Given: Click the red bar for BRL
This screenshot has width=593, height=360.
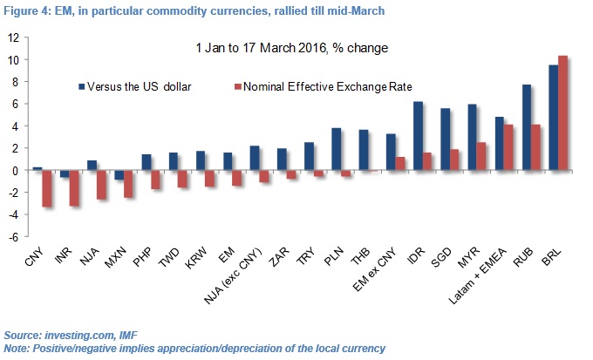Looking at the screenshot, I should tap(562, 113).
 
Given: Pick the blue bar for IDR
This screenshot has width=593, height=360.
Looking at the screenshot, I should tap(417, 136).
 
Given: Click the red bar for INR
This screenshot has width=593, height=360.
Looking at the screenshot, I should tap(75, 187).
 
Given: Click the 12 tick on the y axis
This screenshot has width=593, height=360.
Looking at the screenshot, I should tap(14, 38).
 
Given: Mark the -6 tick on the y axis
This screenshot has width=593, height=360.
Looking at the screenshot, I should tap(14, 236).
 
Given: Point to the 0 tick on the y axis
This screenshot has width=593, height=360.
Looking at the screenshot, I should tap(16, 171).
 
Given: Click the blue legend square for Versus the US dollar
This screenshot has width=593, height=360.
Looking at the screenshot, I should tap(82, 86).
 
